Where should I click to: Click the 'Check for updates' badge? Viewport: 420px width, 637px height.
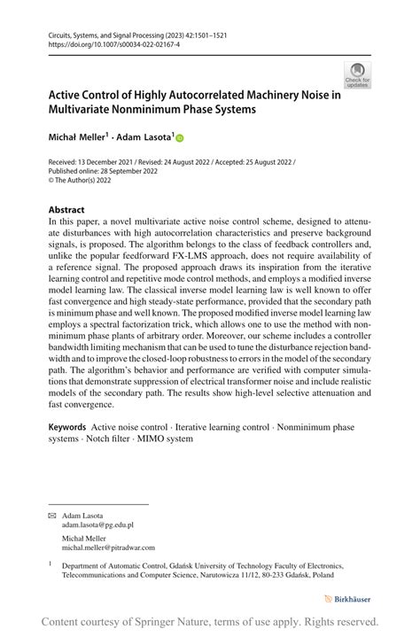pyautogui.click(x=357, y=75)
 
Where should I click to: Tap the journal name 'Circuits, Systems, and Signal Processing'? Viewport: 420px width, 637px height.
pyautogui.click(x=107, y=35)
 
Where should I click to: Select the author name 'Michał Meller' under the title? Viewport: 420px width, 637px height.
pyautogui.click(x=78, y=137)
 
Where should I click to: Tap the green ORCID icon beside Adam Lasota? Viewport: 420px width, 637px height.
pyautogui.click(x=180, y=138)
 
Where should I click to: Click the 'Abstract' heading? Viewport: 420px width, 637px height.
pyautogui.click(x=66, y=210)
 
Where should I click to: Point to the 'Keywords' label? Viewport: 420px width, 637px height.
pyautogui.click(x=68, y=427)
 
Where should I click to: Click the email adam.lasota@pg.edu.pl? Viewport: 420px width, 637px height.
pyautogui.click(x=98, y=524)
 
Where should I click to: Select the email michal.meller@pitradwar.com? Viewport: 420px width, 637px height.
pyautogui.click(x=108, y=548)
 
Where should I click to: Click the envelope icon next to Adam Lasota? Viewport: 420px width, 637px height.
pyautogui.click(x=52, y=515)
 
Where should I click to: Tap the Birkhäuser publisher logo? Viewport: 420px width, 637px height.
pyautogui.click(x=348, y=599)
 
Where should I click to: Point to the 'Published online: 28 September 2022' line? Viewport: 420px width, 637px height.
pyautogui.click(x=102, y=171)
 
